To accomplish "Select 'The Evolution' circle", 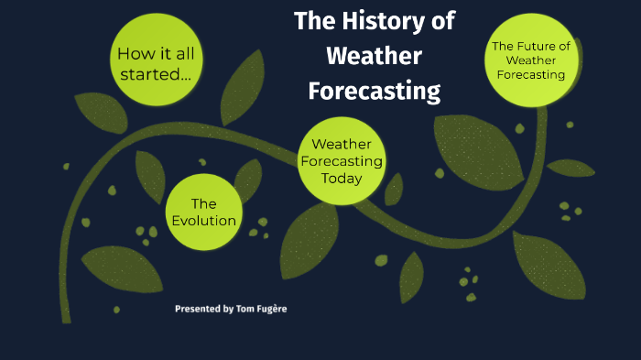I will click(203, 212).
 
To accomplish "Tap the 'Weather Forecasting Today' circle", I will click(341, 160).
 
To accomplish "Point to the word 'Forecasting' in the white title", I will click(375, 92).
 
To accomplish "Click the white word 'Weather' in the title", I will click(375, 56).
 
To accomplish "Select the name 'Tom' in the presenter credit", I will click(243, 309).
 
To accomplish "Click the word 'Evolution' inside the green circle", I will click(204, 221).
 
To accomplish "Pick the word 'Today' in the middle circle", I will click(341, 178).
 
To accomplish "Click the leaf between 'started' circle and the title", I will click(243, 86).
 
